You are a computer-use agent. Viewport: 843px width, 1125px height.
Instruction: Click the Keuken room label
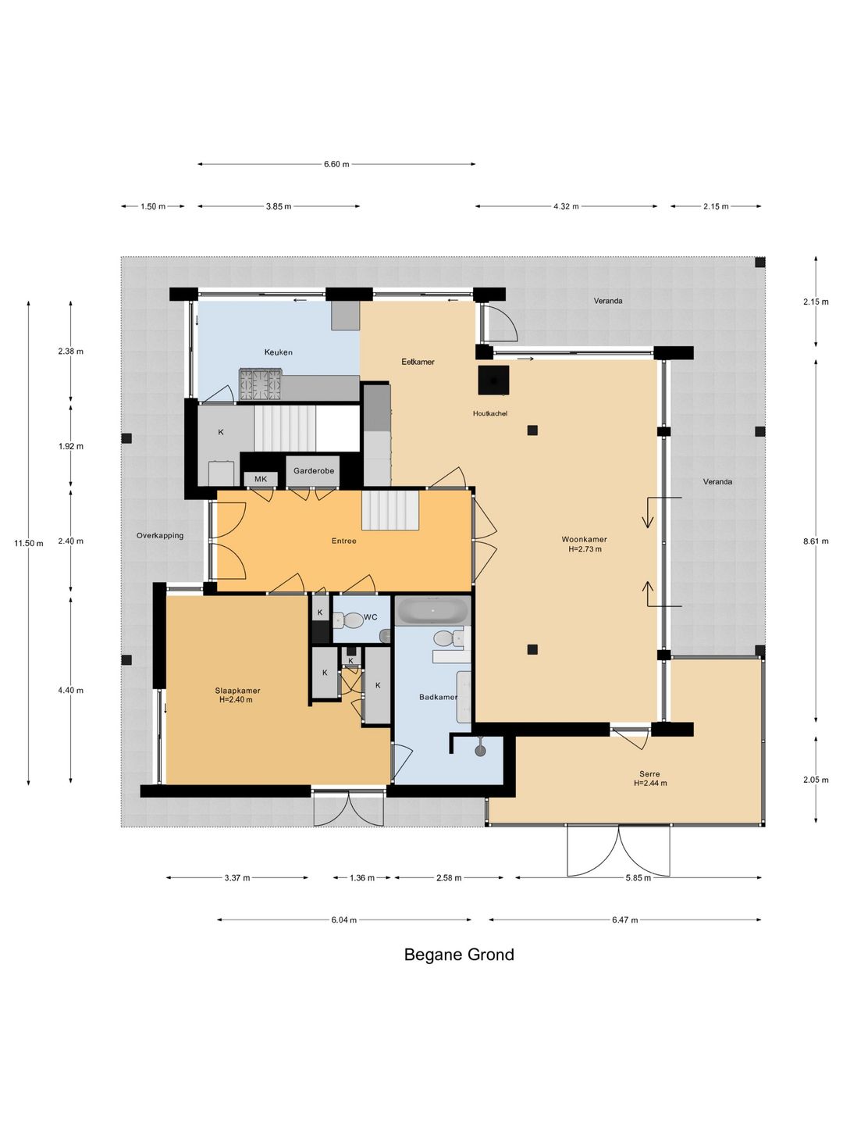(x=279, y=352)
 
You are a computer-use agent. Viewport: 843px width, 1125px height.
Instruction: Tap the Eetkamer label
(x=418, y=362)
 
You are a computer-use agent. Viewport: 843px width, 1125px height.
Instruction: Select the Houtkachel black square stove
(x=493, y=380)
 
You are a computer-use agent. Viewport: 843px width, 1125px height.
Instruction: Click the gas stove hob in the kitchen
(x=260, y=384)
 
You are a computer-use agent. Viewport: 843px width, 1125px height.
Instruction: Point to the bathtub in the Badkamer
(x=433, y=610)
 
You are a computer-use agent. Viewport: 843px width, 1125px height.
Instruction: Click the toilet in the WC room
(x=349, y=620)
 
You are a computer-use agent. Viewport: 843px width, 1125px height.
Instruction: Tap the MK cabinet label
(x=261, y=479)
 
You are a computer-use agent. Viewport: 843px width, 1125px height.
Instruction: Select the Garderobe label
(x=314, y=470)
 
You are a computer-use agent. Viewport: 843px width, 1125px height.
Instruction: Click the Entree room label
(x=344, y=541)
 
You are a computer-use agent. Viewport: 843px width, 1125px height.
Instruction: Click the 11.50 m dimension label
(x=29, y=543)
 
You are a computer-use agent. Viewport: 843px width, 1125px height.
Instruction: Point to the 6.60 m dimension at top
(x=336, y=164)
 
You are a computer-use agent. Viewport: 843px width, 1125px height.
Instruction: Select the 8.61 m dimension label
(x=816, y=541)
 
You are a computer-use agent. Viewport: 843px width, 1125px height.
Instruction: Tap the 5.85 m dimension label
(x=638, y=878)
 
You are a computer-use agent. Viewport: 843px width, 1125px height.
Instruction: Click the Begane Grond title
(x=459, y=955)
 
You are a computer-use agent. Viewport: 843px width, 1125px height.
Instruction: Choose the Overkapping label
(x=160, y=536)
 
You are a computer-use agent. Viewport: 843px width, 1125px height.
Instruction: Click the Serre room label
(x=649, y=774)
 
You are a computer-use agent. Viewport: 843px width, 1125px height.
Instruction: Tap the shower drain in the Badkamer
(x=480, y=751)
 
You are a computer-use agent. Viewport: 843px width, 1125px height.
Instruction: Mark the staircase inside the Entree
(x=390, y=510)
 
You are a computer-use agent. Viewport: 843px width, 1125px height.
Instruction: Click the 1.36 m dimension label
(x=362, y=878)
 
